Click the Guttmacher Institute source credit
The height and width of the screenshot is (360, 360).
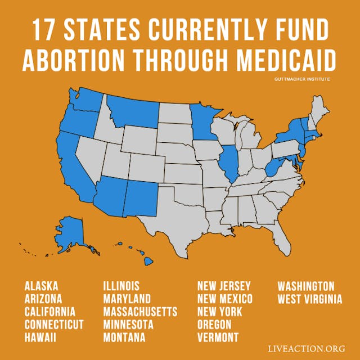303,79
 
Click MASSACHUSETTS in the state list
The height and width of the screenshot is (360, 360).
140,312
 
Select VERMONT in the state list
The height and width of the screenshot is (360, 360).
218,337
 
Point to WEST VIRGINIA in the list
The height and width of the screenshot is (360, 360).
309,299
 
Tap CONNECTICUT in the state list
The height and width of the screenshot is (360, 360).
54,325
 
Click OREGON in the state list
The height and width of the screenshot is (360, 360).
214,325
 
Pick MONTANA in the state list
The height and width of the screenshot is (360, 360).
124,337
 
